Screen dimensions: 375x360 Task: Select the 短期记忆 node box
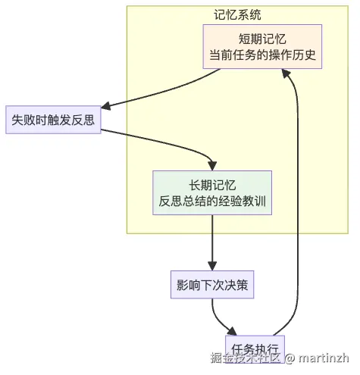262,47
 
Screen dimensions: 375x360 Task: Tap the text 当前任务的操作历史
262,55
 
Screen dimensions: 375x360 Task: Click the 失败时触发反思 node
53,119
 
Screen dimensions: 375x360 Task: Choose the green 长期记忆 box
211,193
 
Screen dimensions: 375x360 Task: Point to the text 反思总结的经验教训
211,202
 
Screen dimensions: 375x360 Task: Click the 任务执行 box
255,348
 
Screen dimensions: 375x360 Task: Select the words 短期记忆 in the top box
262,39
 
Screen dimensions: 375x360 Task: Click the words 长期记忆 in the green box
211,185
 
